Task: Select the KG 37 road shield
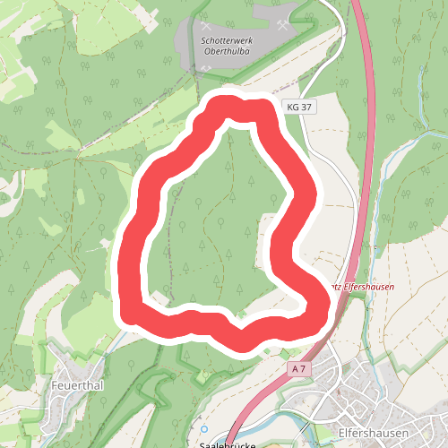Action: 300,107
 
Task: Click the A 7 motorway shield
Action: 299,368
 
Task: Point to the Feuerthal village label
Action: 78,386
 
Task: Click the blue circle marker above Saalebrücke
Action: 203,429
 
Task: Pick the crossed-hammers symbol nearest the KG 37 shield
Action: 284,26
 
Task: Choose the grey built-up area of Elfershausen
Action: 376,385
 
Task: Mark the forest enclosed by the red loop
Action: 215,224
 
